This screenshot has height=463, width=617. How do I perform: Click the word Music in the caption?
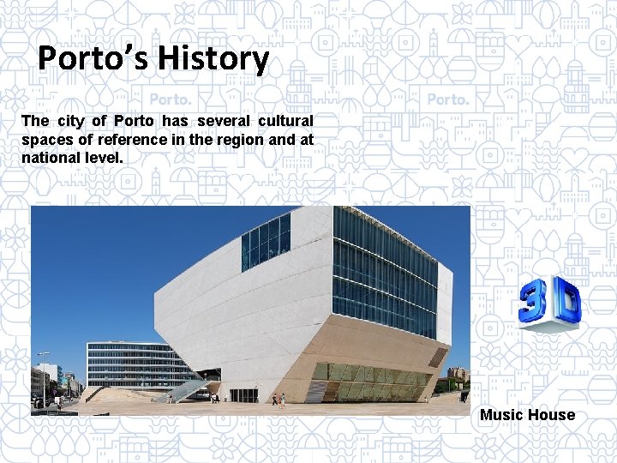[x=501, y=415]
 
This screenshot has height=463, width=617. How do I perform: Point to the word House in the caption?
[x=551, y=415]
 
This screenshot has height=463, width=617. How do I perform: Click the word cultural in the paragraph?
[x=285, y=121]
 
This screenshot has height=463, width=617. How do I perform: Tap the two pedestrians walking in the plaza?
[x=278, y=400]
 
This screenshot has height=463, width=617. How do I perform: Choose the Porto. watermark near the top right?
[x=447, y=99]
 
